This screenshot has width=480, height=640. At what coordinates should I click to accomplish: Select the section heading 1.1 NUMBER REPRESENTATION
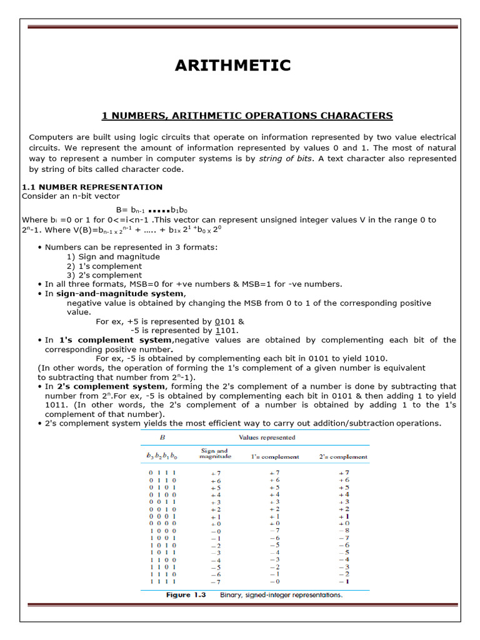[92, 187]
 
